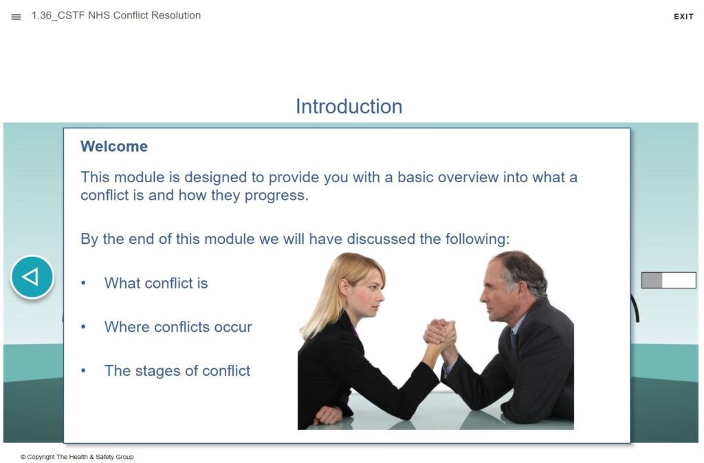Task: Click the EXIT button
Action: [683, 16]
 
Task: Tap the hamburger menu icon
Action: [16, 16]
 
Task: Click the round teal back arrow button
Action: [32, 277]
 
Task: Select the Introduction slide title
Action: [349, 106]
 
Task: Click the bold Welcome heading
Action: [114, 146]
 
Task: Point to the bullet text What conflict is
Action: [156, 283]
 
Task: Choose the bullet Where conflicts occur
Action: [178, 326]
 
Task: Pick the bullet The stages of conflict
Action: [177, 370]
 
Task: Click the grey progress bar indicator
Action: [668, 280]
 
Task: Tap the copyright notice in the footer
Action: [77, 457]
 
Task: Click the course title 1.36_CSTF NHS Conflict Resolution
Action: [115, 15]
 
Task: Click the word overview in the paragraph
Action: [468, 177]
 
